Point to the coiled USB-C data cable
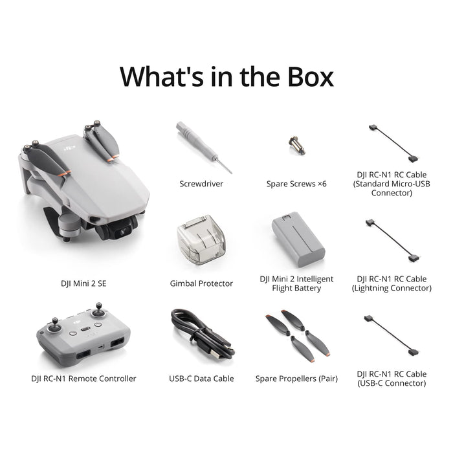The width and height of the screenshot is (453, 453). [x=201, y=336]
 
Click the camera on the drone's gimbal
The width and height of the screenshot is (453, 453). [x=120, y=226]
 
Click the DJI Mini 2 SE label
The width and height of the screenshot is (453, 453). [x=83, y=283]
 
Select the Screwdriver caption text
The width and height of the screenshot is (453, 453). [x=201, y=184]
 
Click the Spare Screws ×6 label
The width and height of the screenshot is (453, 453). [x=296, y=184]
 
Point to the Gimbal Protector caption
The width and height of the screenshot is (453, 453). [x=201, y=283]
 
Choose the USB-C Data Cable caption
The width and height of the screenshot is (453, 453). [x=201, y=379]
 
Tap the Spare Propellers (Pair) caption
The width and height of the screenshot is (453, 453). [x=296, y=379]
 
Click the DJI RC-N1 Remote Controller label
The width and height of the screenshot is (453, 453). [x=83, y=379]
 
